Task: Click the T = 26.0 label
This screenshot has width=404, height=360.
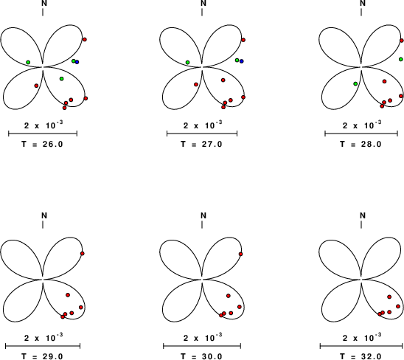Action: [42, 144]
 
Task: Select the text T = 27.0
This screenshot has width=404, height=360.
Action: [201, 144]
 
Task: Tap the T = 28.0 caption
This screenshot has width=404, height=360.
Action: [361, 144]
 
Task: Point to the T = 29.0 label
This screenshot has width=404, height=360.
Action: [42, 356]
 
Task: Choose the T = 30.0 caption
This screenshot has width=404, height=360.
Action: [201, 356]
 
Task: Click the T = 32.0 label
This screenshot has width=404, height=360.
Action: [361, 356]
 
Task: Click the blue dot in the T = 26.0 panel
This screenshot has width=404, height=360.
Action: [77, 62]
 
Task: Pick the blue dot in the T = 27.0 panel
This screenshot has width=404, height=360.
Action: [241, 61]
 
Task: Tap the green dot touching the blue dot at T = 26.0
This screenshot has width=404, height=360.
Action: [74, 61]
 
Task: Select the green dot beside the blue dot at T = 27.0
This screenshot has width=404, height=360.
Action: [237, 60]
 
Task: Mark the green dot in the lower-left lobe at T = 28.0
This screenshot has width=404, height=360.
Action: [355, 84]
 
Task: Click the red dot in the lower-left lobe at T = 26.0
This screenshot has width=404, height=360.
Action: [36, 86]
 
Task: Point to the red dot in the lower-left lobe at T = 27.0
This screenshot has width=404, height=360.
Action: [196, 84]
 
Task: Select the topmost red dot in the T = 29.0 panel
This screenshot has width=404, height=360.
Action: [83, 254]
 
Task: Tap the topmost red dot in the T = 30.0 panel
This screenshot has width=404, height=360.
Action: [240, 254]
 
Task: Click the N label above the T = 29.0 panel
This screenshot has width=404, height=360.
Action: [44, 215]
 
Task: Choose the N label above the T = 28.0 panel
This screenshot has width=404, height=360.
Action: [363, 4]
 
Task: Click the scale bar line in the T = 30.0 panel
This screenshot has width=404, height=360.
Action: [202, 346]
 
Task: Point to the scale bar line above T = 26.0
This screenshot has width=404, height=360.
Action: [43, 134]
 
